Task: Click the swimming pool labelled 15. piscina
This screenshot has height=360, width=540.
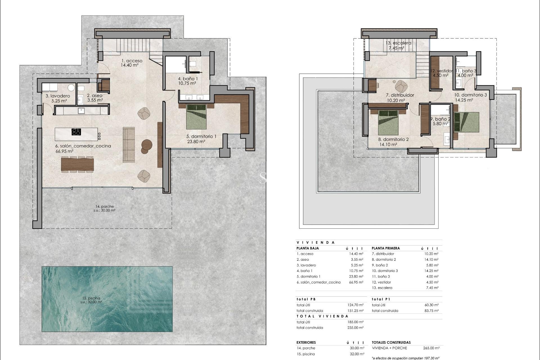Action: pyautogui.click(x=107, y=299)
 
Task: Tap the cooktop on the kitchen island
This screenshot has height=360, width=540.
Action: pyautogui.click(x=76, y=132)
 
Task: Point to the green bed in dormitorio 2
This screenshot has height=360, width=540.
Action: pyautogui.click(x=388, y=122)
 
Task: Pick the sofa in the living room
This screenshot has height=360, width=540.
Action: pyautogui.click(x=129, y=145)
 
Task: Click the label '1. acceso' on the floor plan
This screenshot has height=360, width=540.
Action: pyautogui.click(x=132, y=61)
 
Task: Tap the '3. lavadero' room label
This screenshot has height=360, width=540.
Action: pyautogui.click(x=58, y=96)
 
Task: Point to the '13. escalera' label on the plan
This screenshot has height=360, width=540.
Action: pyautogui.click(x=398, y=43)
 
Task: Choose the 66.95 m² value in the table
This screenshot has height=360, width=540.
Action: pyautogui.click(x=356, y=282)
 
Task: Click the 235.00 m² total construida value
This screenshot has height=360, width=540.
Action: pyautogui.click(x=355, y=328)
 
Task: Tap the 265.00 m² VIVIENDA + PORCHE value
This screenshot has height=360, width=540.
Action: pyautogui.click(x=431, y=348)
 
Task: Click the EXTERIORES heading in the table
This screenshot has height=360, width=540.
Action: pyautogui.click(x=306, y=343)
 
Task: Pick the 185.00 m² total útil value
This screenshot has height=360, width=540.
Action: pyautogui.click(x=355, y=322)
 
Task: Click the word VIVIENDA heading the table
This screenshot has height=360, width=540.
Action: pyautogui.click(x=316, y=242)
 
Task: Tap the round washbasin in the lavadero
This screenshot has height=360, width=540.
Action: pyautogui.click(x=72, y=87)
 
